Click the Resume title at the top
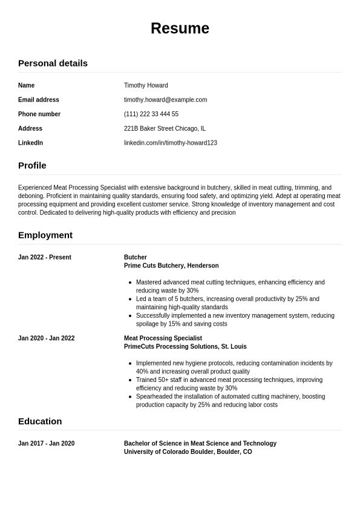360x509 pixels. [x=180, y=28]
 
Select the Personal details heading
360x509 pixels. [x=53, y=63]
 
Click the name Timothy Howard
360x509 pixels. [x=146, y=85]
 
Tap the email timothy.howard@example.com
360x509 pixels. [x=165, y=100]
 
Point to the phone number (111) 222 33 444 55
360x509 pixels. [x=151, y=114]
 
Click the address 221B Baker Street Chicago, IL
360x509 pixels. [x=165, y=128]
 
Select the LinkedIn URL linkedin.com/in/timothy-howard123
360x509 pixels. [x=170, y=143]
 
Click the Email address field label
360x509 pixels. [x=39, y=100]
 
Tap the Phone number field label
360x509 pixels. [x=39, y=114]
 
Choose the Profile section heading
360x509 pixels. [x=32, y=165]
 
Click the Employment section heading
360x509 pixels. [x=45, y=235]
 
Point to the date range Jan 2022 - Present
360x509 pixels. [x=45, y=257]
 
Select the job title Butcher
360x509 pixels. [x=136, y=257]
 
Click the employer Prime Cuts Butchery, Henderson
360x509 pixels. [x=171, y=266]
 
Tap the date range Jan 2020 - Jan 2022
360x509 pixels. [x=47, y=338]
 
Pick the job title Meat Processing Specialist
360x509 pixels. [x=163, y=338]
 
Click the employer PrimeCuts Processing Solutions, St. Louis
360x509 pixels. [x=185, y=347]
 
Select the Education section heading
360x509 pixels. [x=40, y=421]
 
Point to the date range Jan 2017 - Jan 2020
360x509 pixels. [x=47, y=444]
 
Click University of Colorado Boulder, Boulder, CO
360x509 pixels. [x=188, y=452]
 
